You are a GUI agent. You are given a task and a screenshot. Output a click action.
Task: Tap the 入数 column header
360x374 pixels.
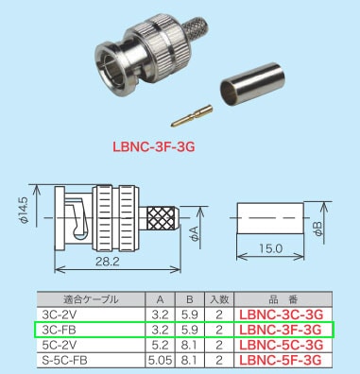(218, 300)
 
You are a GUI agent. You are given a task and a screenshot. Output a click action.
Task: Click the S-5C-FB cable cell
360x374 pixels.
(67, 359)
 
